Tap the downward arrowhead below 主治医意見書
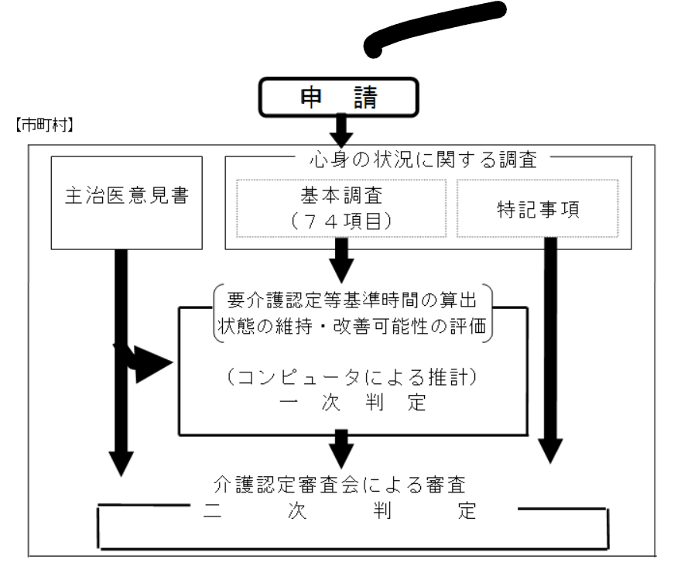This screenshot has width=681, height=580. tap(122, 462)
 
